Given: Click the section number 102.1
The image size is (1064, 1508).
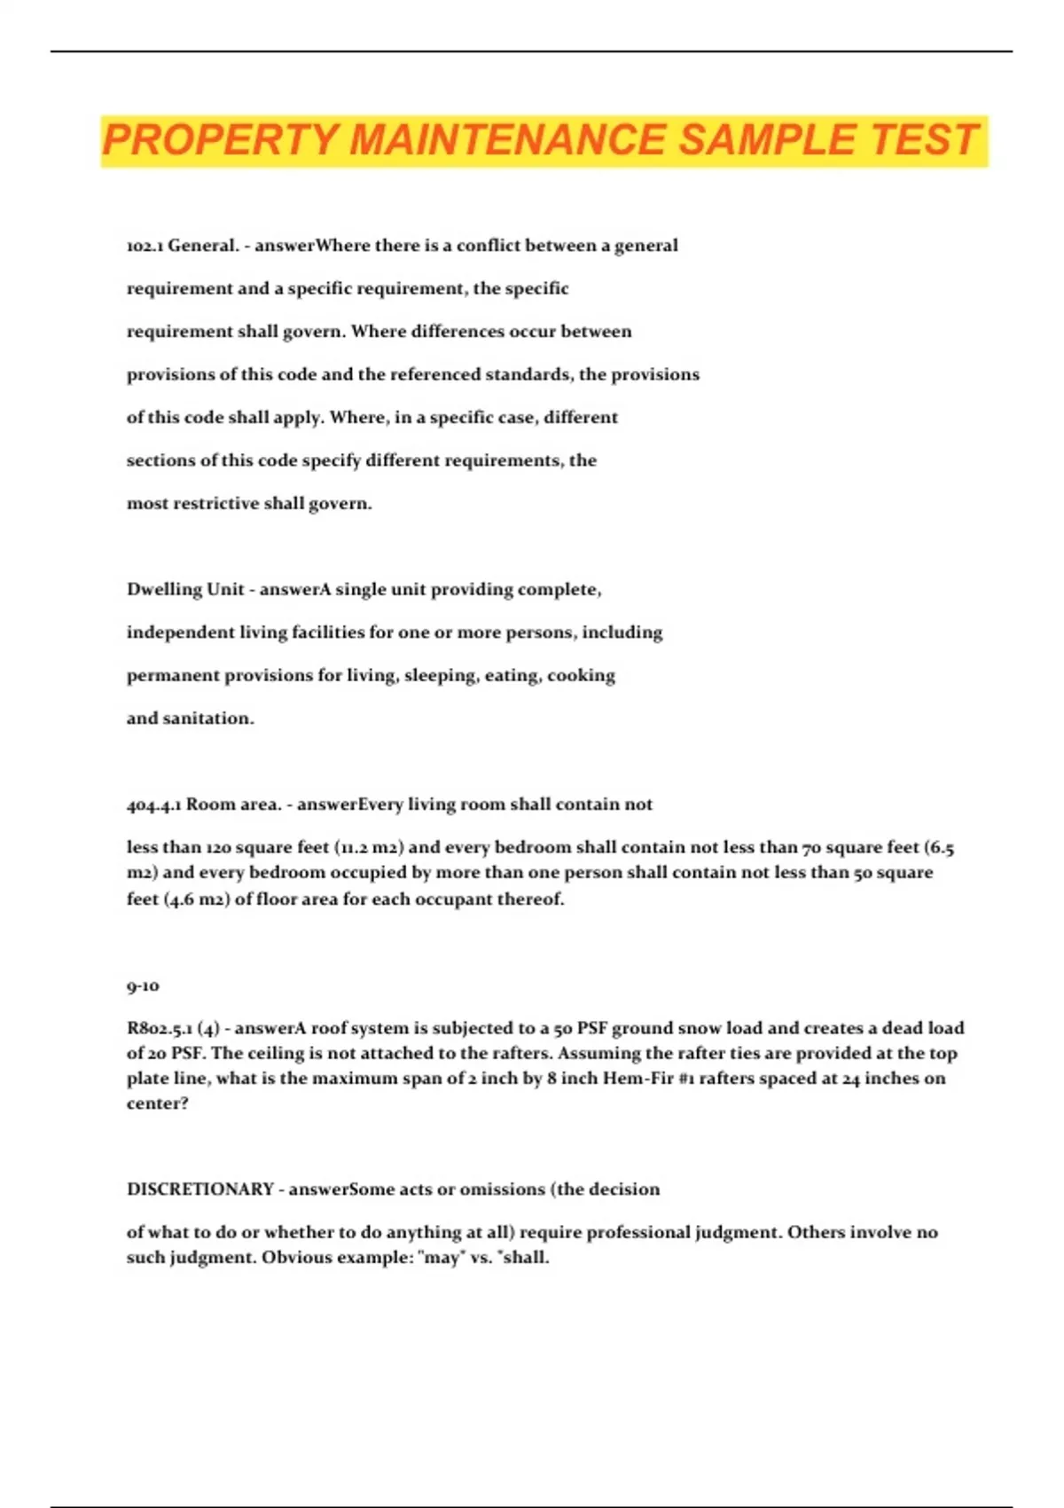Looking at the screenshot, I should pos(144,246).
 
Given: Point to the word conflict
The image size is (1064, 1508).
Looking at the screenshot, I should pos(488,246).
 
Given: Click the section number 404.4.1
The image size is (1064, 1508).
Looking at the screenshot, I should pos(153,805).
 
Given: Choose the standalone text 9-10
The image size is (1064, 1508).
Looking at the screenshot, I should pos(143,986).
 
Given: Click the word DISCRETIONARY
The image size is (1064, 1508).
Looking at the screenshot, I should pos(200,1190).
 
